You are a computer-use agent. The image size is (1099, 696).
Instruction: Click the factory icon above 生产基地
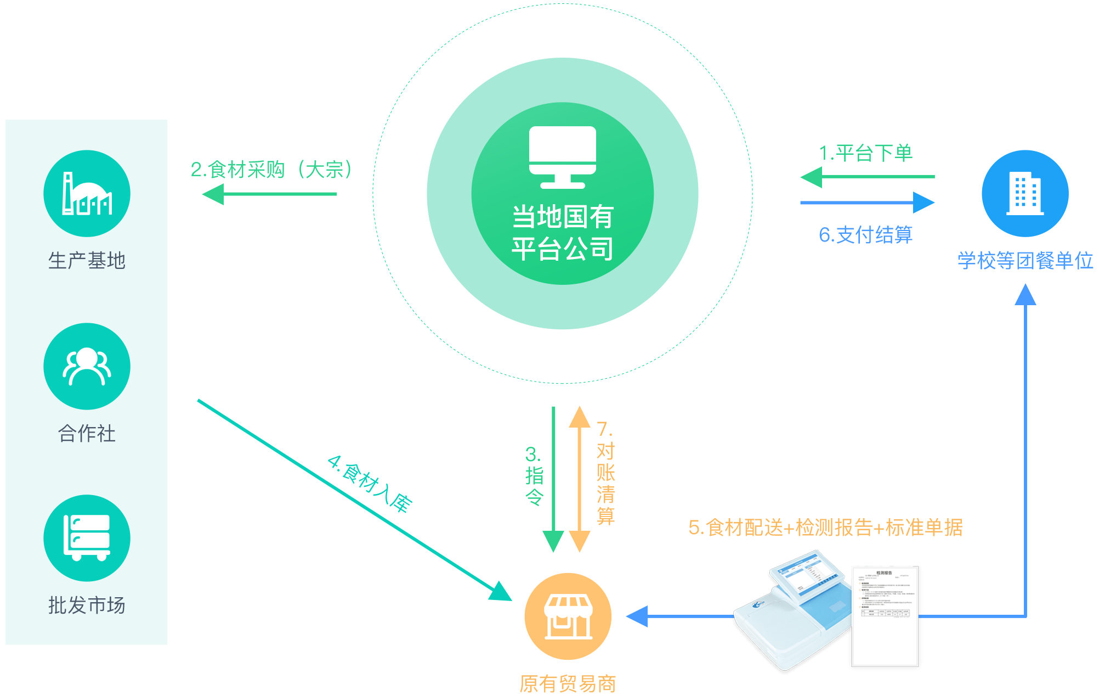[87, 193]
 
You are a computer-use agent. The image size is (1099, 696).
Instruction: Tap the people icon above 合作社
[87, 366]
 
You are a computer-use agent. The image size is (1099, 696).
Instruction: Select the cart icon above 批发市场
[87, 538]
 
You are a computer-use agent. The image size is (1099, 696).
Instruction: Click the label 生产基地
[87, 260]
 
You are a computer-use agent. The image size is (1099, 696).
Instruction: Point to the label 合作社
[87, 434]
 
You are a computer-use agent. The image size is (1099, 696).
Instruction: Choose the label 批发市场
[87, 605]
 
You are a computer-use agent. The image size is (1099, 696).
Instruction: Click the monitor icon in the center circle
[562, 157]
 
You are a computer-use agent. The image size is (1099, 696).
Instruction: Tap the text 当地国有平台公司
[562, 233]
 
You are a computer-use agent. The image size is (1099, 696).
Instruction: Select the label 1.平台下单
[866, 153]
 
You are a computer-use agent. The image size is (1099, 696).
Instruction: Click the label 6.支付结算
[866, 234]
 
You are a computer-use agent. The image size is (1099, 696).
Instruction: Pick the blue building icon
[1024, 193]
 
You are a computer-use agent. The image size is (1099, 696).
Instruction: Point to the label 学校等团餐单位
[1025, 261]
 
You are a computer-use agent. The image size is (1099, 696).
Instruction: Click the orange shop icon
[568, 616]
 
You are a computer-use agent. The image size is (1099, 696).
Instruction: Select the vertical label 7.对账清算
[605, 473]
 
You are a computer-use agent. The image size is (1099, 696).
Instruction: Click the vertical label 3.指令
[534, 476]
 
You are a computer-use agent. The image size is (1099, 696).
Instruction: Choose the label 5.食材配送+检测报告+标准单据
[825, 527]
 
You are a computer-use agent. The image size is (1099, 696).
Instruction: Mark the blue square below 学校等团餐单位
[1025, 294]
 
